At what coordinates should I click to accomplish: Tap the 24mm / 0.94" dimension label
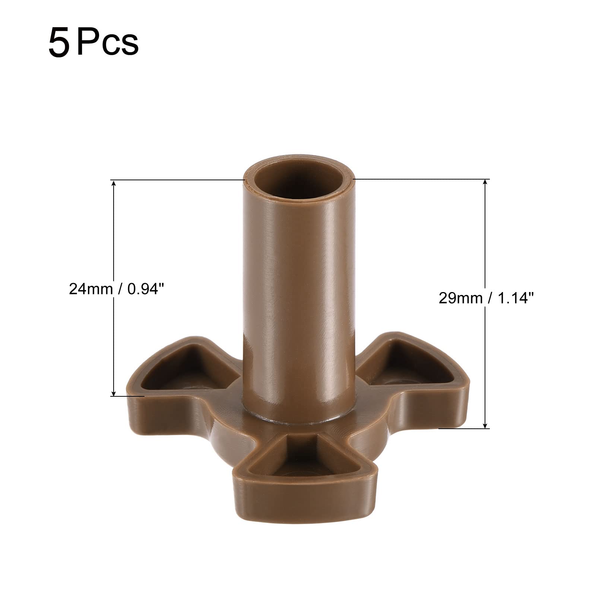116,289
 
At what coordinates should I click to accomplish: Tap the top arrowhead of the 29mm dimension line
485,183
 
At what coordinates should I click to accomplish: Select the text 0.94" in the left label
145,289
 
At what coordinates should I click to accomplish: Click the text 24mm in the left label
90,289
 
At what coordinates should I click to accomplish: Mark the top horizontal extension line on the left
179,180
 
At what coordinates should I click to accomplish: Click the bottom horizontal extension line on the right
464,428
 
